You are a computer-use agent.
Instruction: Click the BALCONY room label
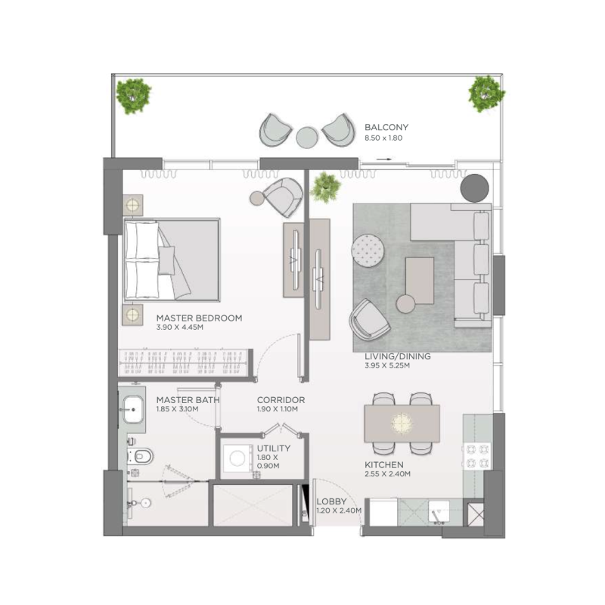point(386,128)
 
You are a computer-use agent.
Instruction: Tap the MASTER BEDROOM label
point(199,318)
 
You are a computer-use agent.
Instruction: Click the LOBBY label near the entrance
point(331,501)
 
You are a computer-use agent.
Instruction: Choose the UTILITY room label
point(273,448)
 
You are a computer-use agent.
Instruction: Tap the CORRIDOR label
point(281,400)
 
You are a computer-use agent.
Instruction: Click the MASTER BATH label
point(188,400)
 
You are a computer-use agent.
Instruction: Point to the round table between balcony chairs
point(306,137)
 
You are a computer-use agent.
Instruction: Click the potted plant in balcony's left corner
point(134,93)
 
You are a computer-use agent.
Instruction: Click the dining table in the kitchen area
point(402,423)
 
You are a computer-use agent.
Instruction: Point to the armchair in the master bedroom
point(281,197)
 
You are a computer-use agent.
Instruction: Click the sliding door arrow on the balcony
point(386,160)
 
